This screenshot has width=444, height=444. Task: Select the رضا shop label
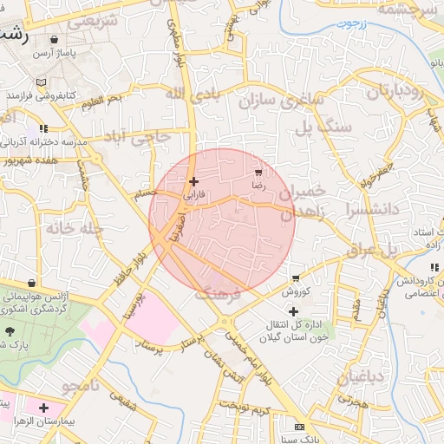click(258, 185)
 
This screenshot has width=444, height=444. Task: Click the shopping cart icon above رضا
click(258, 173)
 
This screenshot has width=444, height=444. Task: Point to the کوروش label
click(296, 292)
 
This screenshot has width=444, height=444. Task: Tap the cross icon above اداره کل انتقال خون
click(293, 311)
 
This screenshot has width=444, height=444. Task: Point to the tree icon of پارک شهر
click(10, 331)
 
